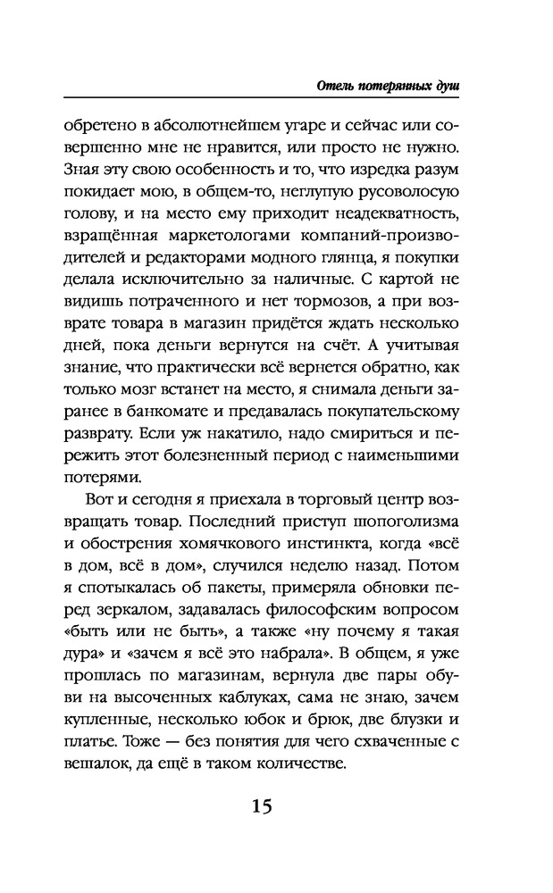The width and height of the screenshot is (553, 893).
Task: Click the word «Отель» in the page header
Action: (x=336, y=86)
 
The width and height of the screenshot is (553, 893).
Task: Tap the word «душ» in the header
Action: (x=453, y=86)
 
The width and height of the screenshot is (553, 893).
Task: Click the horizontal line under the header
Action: (x=269, y=99)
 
